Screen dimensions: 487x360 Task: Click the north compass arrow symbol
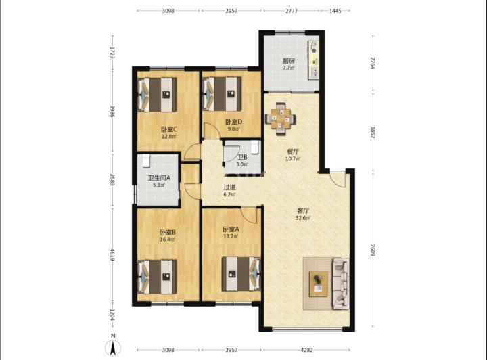(114, 348)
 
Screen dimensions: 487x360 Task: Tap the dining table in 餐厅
(281, 118)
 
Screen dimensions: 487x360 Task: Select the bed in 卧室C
(157, 95)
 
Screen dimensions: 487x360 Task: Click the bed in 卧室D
(222, 94)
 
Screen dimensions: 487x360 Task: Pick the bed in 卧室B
(157, 277)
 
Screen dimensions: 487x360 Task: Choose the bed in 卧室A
(241, 274)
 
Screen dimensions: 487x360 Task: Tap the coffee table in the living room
(319, 284)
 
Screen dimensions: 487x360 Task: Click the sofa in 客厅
(340, 284)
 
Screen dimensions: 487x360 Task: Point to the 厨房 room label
(289, 61)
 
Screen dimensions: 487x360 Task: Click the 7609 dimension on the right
(373, 250)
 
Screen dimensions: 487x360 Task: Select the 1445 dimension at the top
(335, 11)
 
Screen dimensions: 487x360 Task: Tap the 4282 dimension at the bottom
(306, 350)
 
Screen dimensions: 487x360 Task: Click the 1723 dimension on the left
(112, 53)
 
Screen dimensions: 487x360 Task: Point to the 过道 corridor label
(229, 187)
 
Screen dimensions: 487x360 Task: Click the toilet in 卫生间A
(146, 160)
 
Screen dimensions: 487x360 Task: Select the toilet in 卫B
(255, 147)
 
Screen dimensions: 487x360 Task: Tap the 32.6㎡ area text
(303, 218)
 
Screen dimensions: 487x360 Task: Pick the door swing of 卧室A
(250, 215)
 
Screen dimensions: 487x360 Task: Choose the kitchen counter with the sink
(313, 60)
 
